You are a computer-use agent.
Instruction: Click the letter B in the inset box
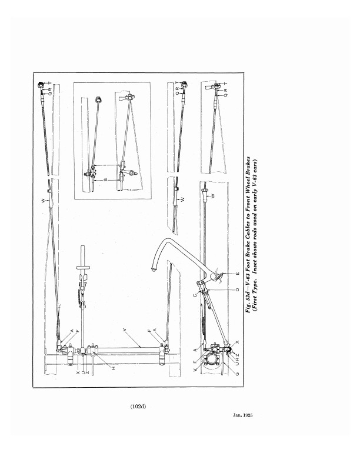pos(105,181)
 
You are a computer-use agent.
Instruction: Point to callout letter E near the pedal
pos(237,273)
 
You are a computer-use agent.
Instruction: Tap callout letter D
pos(237,289)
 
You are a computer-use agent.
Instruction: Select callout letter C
pos(195,295)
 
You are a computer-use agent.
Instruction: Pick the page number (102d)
pos(138,407)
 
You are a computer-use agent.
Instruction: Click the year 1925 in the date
pos(248,415)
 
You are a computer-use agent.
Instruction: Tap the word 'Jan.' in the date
pos(237,415)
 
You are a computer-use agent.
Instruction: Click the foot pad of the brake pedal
pos(154,269)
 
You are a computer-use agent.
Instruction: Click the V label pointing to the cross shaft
pos(125,329)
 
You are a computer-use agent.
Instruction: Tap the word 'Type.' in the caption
pos(255,282)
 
